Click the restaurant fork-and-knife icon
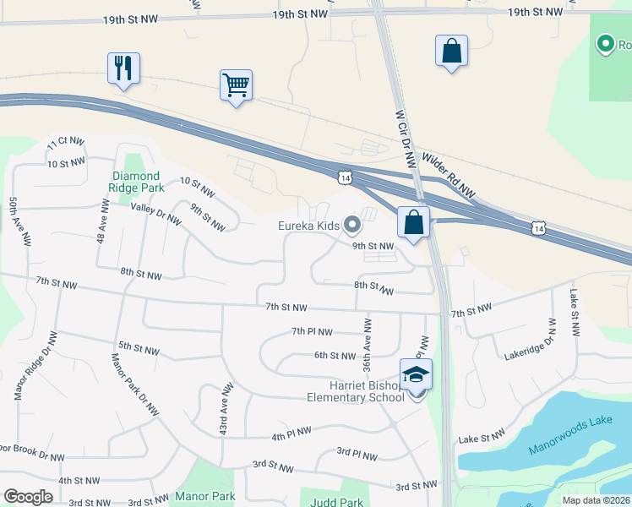pos(123,68)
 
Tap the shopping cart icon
pos(237,85)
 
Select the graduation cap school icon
pos(416,373)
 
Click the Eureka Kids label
pos(309,226)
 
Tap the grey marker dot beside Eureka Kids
pos(352,225)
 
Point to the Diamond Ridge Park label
pos(137,182)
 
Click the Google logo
pos(29,497)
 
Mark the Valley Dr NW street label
pos(155,214)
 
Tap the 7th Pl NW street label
pos(312,332)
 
